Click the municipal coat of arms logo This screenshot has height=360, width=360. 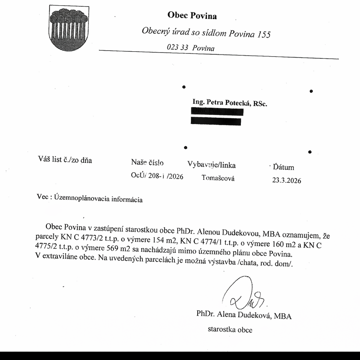pos(69,28)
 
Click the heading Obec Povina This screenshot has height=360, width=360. pos(192,15)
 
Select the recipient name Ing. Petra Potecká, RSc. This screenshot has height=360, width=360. pos(230,103)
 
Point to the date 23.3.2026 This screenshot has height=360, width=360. pos(287,180)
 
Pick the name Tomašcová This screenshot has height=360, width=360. pos(218,178)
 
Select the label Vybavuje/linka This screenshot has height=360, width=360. pos(211,165)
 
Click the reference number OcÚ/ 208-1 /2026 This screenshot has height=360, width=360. pos(157,176)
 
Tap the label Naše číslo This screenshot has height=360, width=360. pos(147,163)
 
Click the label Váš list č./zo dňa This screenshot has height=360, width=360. pos(65,160)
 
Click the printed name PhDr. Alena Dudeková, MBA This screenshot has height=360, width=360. pos(244,315)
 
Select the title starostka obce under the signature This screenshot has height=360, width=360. pos(230,330)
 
